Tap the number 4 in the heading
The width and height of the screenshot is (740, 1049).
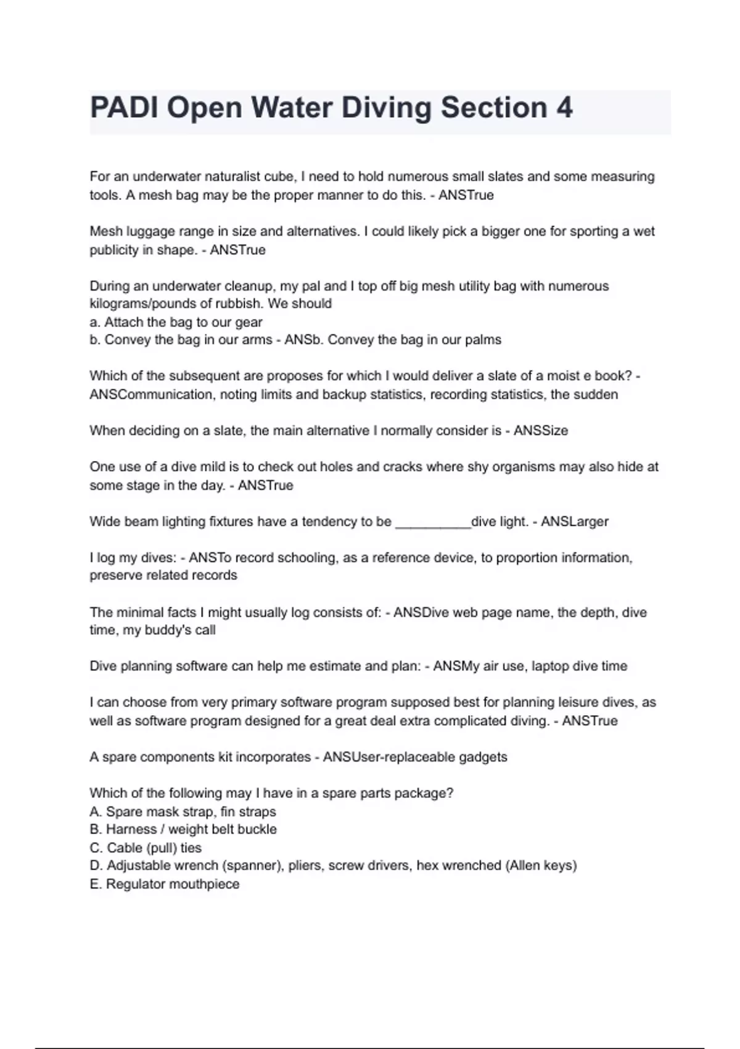pos(564,108)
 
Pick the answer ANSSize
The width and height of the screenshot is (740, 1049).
pos(540,431)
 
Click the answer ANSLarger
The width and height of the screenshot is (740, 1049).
pos(574,521)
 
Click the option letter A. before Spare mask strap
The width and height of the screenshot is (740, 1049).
pos(96,812)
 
